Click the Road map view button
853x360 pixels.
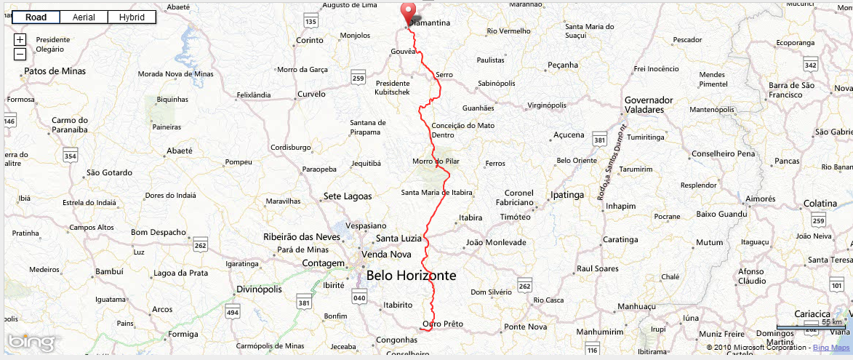click(x=36, y=17)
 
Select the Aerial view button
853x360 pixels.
click(x=84, y=17)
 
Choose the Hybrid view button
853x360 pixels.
click(x=132, y=17)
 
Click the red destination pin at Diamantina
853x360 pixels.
click(x=408, y=14)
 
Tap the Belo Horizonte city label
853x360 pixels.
click(x=411, y=276)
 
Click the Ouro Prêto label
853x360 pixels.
click(x=442, y=324)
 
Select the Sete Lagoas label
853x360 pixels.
click(x=348, y=196)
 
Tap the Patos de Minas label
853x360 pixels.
click(x=55, y=71)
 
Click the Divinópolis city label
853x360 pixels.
click(x=259, y=289)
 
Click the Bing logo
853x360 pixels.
click(x=30, y=341)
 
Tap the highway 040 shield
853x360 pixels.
click(x=359, y=297)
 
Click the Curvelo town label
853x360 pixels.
click(x=311, y=94)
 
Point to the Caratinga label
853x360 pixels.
click(x=620, y=239)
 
